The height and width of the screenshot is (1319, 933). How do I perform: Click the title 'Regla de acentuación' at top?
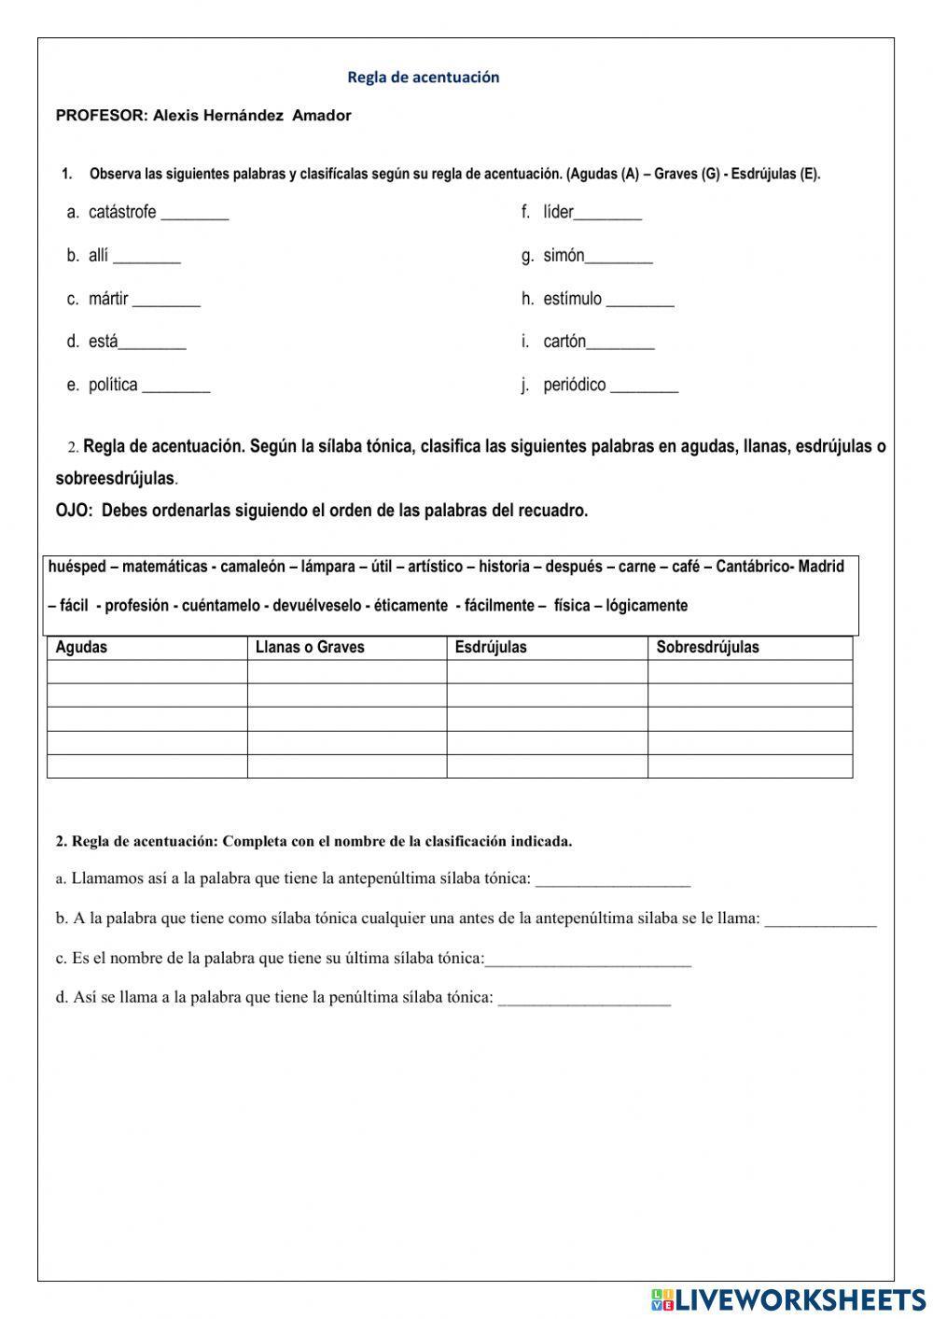pos(423,77)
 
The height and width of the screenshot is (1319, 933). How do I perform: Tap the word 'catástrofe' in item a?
pos(122,213)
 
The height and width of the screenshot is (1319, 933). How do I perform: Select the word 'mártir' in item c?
pos(108,300)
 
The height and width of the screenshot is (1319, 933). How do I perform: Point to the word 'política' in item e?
pos(113,386)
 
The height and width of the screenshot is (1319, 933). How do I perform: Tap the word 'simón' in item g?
pos(564,256)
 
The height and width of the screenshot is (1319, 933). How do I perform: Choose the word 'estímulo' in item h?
pos(572,300)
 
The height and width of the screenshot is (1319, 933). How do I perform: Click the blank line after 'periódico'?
pos(644,390)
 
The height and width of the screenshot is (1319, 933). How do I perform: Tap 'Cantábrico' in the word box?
pos(754,567)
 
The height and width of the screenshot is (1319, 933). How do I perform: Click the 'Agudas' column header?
pos(81,648)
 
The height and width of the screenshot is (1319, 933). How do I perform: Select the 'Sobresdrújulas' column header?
pos(707,648)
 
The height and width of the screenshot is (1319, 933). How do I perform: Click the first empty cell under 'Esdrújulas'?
pos(547,672)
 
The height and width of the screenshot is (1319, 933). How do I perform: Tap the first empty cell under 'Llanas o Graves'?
pos(346,672)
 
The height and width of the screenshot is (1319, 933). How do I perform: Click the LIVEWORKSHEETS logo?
pos(788,1298)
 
